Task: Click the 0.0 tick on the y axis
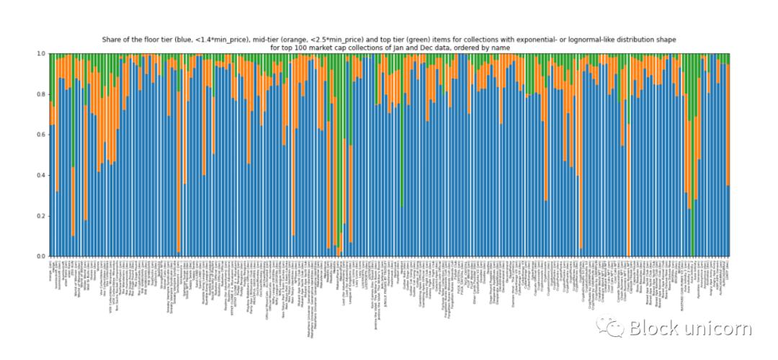(x=42, y=256)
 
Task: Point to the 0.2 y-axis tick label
(x=42, y=216)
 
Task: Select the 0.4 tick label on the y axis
(x=42, y=175)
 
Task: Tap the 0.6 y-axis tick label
(x=42, y=135)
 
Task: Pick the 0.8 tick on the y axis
(x=42, y=94)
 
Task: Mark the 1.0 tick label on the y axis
(x=42, y=53)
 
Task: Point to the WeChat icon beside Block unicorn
(x=614, y=329)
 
